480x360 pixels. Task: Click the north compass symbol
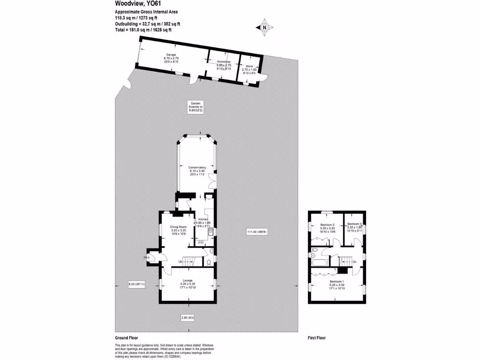pyautogui.click(x=265, y=28)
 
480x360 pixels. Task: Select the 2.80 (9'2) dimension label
pyautogui.click(x=187, y=318)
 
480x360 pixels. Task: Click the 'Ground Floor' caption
pyautogui.click(x=127, y=337)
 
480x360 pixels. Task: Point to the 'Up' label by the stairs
pyautogui.click(x=180, y=261)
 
